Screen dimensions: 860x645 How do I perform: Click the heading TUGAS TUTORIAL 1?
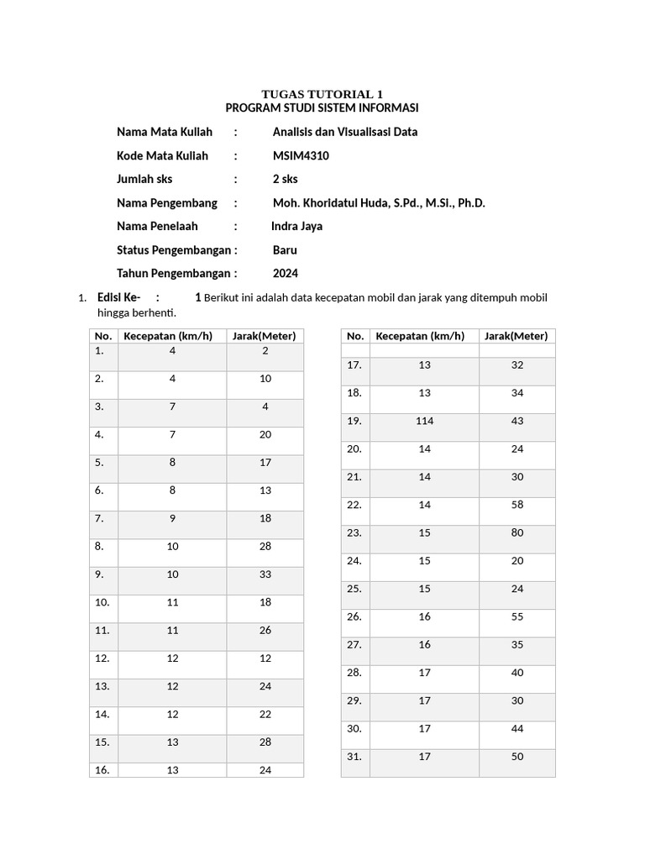coord(322,94)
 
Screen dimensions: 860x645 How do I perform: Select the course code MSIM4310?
coord(301,155)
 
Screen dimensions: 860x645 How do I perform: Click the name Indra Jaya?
coord(296,226)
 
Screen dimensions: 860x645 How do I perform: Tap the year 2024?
coord(286,273)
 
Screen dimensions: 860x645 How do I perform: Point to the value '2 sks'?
coord(286,179)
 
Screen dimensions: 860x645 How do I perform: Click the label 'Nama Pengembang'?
coord(166,202)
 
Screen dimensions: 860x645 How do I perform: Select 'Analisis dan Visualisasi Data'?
coord(344,132)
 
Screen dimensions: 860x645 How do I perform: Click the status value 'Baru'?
coord(285,249)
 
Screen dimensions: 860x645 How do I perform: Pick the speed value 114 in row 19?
coord(424,421)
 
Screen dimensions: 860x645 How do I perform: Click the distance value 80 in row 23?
coord(517,532)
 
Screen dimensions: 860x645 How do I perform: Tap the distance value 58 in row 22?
coord(517,505)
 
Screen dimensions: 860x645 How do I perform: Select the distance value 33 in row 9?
coord(265,574)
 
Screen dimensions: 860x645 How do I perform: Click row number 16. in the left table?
coord(102,770)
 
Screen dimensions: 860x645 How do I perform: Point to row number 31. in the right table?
coord(354,757)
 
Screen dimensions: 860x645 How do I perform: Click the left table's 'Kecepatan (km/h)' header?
coord(171,336)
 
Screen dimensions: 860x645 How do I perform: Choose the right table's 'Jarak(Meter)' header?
coord(517,336)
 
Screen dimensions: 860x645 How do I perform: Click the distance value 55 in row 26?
coord(517,616)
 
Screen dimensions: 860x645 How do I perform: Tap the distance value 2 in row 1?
coord(265,351)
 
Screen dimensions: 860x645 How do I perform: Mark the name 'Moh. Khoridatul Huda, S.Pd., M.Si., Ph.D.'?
coord(379,202)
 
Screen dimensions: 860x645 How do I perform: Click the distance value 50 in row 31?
coord(517,757)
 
